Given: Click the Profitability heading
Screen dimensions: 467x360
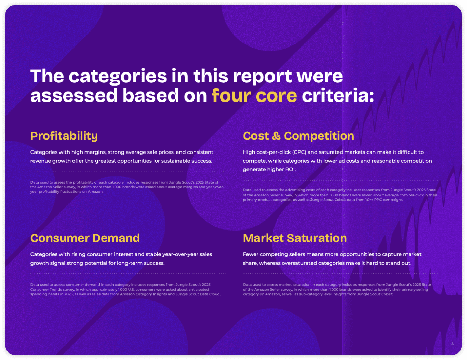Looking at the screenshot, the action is click(64, 136).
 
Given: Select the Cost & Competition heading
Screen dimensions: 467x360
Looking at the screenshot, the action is click(298, 136).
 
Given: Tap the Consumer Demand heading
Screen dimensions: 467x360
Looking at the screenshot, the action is click(85, 238).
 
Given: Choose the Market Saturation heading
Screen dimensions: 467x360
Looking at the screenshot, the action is click(295, 238).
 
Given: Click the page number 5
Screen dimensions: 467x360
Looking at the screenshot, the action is click(452, 344).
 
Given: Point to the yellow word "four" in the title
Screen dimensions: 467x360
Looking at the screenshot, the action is click(231, 95).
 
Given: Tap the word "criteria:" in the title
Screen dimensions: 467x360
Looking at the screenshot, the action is click(338, 95).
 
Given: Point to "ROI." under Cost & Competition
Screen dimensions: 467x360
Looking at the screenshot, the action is click(291, 170).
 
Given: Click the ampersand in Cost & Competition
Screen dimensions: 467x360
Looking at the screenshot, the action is click(276, 136).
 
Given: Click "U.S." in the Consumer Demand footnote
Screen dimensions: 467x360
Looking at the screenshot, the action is click(131, 290).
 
